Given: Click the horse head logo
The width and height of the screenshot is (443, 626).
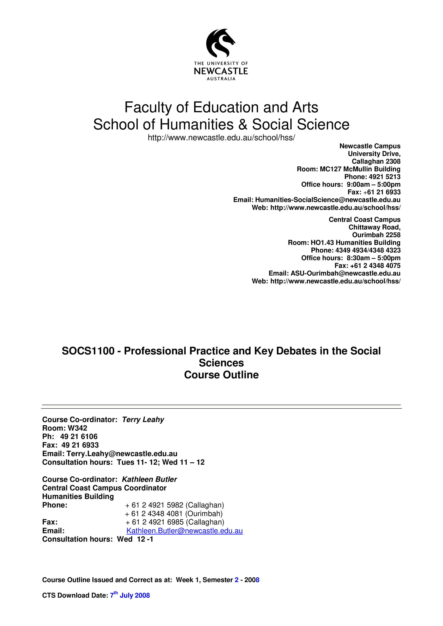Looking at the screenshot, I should point(220,43).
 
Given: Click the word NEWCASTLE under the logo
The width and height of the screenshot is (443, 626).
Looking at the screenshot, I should point(221,71).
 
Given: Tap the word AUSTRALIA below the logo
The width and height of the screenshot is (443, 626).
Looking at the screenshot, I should point(221,79).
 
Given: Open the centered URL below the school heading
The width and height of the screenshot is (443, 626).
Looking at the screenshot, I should point(221,138).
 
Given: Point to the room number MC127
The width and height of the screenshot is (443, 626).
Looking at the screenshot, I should point(330,169).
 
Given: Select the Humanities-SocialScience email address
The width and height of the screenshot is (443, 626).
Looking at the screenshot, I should point(328,200).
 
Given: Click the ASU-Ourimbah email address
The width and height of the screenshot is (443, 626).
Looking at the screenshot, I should point(345,273).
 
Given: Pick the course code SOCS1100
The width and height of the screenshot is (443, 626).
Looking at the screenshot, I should point(88,351).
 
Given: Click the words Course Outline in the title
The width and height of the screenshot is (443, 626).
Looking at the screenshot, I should point(221,375).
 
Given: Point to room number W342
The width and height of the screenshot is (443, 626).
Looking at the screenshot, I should point(77,428).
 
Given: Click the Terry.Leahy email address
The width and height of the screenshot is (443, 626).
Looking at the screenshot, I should point(122,454).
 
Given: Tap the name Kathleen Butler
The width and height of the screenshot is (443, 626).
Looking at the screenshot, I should point(149,479).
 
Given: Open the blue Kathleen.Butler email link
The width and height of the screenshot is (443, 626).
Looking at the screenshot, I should point(185,531).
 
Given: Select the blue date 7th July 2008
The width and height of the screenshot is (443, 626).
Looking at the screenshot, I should point(130,595).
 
